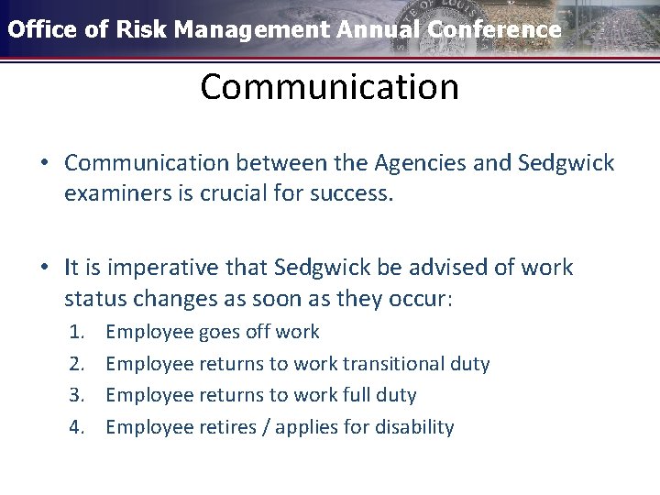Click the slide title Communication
pyautogui.click(x=329, y=87)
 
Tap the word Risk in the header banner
pyautogui.click(x=142, y=29)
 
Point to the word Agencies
pyautogui.click(x=433, y=163)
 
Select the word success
pyautogui.click(x=352, y=194)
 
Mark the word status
pyautogui.click(x=93, y=299)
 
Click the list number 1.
pyautogui.click(x=77, y=332)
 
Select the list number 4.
pyautogui.click(x=77, y=427)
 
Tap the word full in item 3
pyautogui.click(x=360, y=395)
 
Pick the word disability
pyautogui.click(x=413, y=427)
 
